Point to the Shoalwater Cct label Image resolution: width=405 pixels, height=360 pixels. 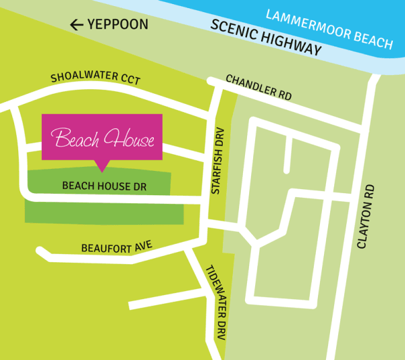click(95, 79)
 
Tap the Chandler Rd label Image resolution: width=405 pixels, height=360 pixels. click(259, 88)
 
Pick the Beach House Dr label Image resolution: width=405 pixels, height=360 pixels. click(104, 185)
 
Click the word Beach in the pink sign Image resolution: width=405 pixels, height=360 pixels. click(75, 140)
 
